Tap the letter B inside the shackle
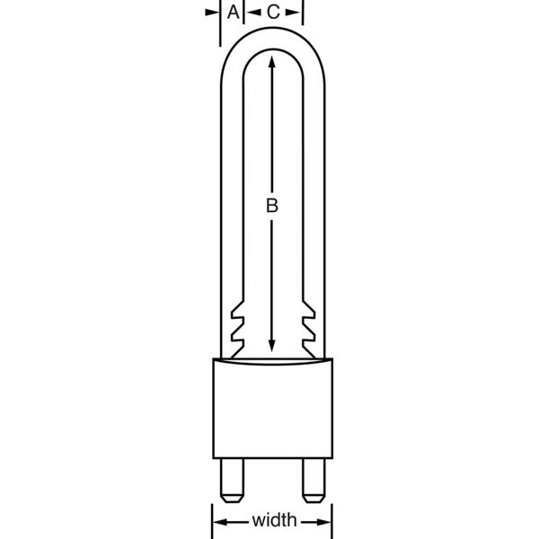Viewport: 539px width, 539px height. [x=272, y=206]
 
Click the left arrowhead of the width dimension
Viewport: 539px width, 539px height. [x=217, y=521]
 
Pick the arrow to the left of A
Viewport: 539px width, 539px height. [x=212, y=12]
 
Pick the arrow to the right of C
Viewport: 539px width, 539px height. [x=296, y=12]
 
